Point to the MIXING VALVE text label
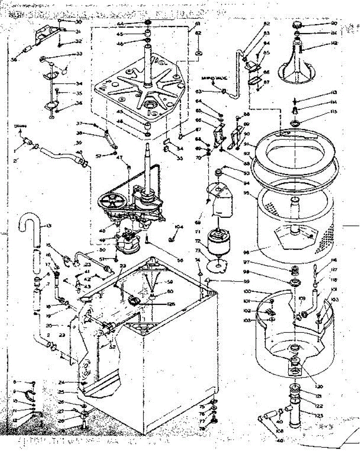[x=213, y=79]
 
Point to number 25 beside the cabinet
[x=62, y=392]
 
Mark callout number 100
[x=248, y=292]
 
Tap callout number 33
[x=79, y=54]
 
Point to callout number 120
[x=309, y=386]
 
